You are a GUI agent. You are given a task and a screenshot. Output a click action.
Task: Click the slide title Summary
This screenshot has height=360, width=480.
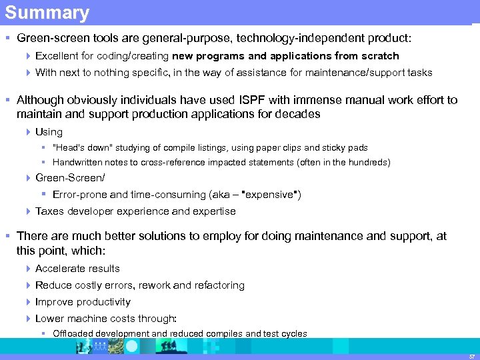point(47,13)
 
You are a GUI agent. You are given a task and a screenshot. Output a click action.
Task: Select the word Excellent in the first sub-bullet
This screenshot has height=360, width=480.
point(58,56)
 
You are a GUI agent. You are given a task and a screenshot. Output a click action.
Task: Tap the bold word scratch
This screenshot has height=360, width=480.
point(379,56)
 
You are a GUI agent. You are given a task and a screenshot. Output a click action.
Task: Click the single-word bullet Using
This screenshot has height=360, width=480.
point(49,132)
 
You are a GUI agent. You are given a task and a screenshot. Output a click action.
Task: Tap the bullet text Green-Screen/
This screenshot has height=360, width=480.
point(70,178)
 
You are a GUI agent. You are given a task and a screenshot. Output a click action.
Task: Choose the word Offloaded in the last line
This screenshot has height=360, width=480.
point(73,333)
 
